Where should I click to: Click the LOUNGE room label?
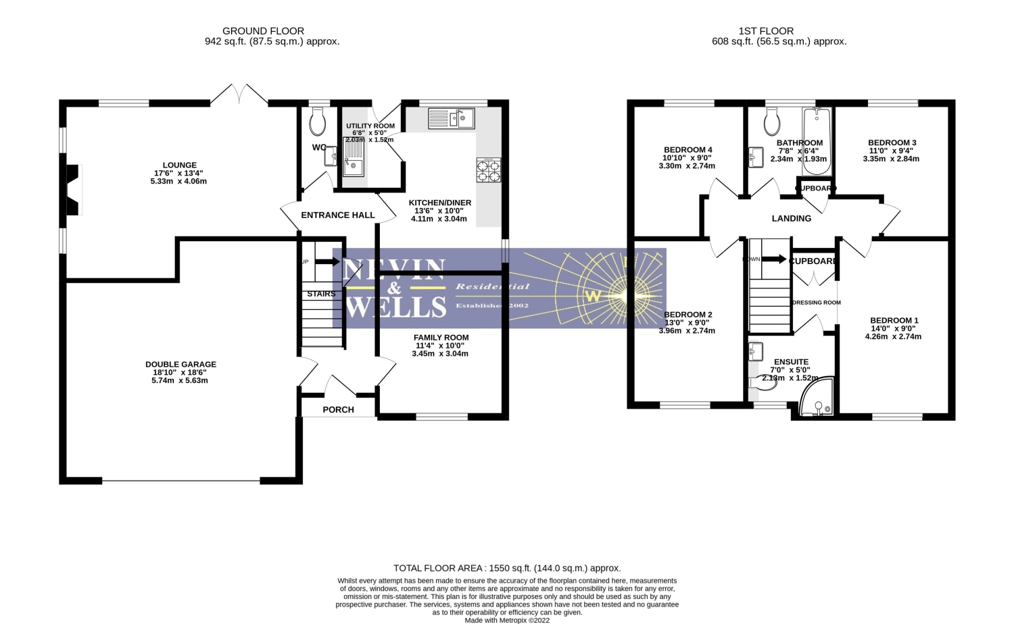pos(179,165)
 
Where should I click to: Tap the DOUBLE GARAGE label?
pos(180,365)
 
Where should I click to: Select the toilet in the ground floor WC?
pos(316,122)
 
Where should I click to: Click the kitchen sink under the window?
pos(452,118)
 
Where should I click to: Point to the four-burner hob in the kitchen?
pos(489,170)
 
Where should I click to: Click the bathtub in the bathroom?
pos(816,140)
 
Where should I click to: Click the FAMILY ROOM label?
pos(441,338)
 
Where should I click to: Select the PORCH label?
pos(338,409)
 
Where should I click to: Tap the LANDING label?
pos(792,218)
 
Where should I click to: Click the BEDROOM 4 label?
pos(687,150)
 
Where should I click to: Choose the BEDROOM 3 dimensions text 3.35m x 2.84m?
pos(891,159)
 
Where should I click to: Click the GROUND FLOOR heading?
pos(263,31)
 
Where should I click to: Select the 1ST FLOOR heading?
pos(766,31)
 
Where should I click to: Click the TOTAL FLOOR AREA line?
pos(507,568)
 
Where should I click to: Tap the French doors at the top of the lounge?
pos(239,95)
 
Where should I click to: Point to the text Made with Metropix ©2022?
pos(507,619)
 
